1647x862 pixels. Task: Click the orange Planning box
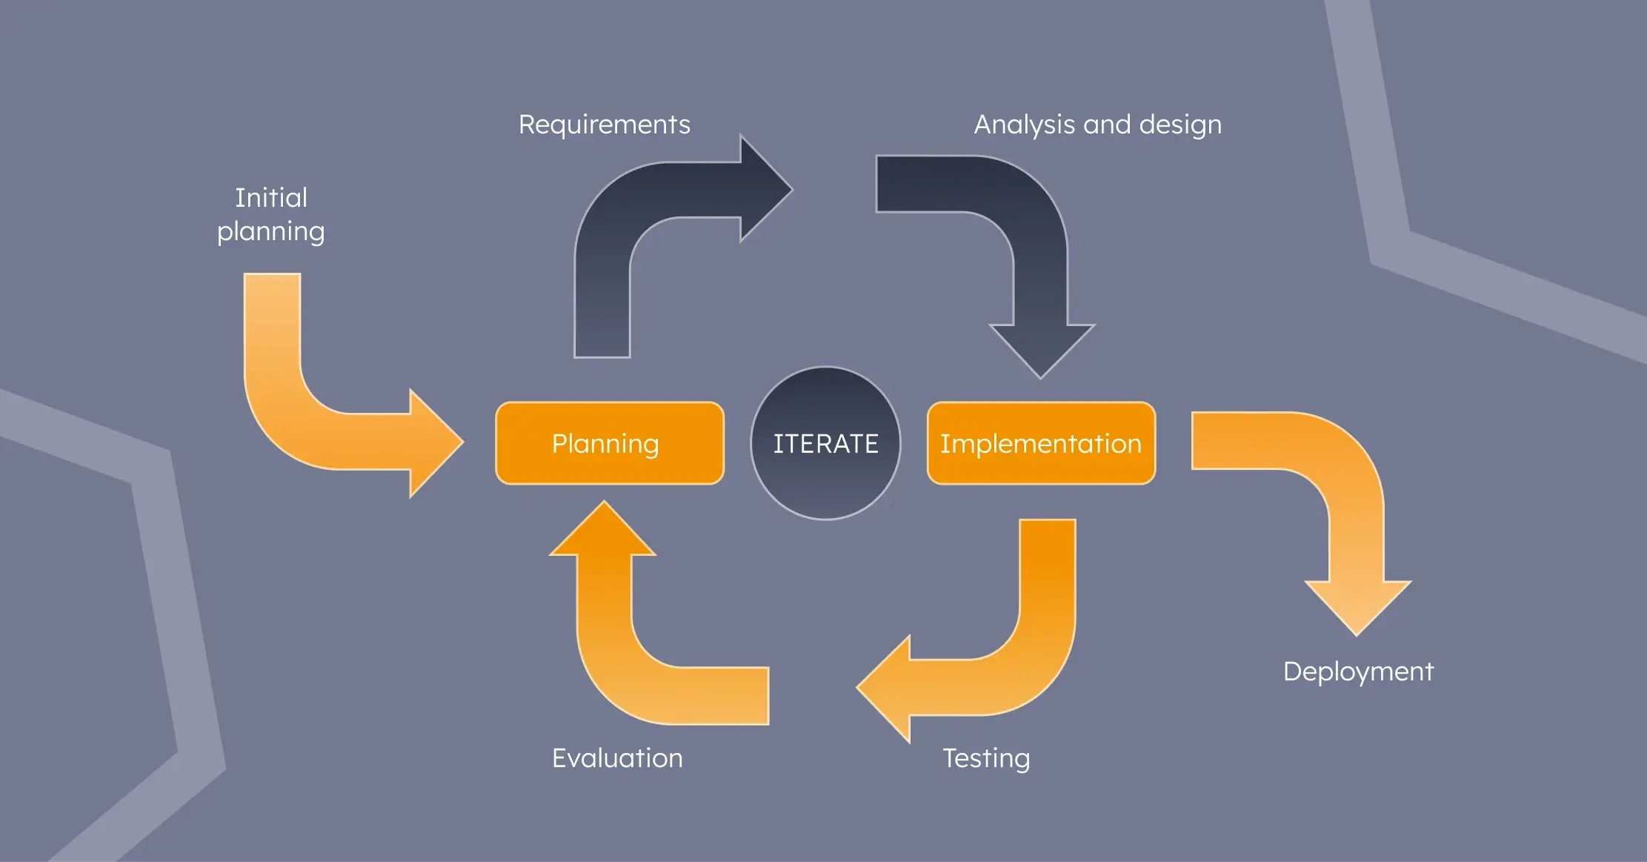click(x=609, y=443)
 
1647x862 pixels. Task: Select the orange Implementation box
click(x=1040, y=443)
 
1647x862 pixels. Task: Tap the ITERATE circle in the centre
click(x=825, y=443)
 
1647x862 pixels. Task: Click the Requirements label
click(x=604, y=125)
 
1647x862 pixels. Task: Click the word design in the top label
click(x=1179, y=125)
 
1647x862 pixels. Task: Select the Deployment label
click(x=1358, y=672)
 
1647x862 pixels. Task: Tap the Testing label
click(x=985, y=758)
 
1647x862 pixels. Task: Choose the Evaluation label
click(x=617, y=758)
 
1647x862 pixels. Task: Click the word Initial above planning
click(x=271, y=198)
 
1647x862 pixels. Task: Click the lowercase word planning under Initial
click(x=271, y=231)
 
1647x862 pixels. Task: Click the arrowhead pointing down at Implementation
click(x=1041, y=348)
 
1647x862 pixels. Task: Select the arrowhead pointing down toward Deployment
click(x=1357, y=605)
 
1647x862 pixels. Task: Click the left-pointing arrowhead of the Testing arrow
click(x=885, y=688)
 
